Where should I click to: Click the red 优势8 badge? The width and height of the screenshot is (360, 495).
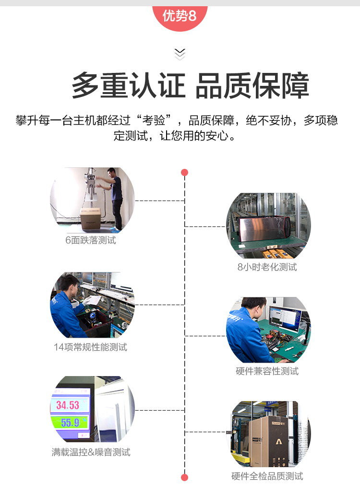click(x=180, y=17)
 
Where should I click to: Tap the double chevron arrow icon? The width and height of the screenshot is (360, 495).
click(x=180, y=54)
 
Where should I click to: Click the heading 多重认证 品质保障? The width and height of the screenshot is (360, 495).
click(x=191, y=85)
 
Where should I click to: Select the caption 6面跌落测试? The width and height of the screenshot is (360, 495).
click(x=91, y=240)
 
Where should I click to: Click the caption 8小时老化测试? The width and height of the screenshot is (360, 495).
click(x=267, y=267)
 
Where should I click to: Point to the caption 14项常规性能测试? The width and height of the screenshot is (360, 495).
click(x=91, y=347)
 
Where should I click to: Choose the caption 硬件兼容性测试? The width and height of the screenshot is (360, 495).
click(x=267, y=371)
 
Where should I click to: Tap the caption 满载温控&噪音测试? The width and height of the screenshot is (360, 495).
click(x=91, y=452)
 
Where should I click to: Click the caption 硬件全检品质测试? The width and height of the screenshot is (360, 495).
click(x=267, y=476)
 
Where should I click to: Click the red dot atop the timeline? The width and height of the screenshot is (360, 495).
click(x=185, y=172)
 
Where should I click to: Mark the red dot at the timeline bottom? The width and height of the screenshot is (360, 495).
click(x=185, y=477)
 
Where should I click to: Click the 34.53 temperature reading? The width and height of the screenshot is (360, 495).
click(x=68, y=405)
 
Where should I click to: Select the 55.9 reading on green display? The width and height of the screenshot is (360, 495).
click(x=70, y=423)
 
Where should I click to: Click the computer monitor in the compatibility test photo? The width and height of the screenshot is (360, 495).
click(x=284, y=319)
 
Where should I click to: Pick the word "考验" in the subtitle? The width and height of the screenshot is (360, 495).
click(x=154, y=120)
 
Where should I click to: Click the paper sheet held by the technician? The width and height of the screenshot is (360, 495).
click(x=92, y=300)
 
